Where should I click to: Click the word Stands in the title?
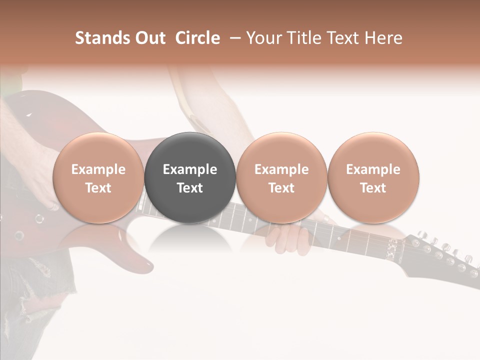point(99,38)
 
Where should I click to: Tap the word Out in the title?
point(149,38)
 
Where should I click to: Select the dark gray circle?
point(190,177)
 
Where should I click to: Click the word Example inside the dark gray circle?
point(190,169)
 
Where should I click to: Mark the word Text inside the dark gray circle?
point(190,188)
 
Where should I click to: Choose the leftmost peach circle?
point(98,177)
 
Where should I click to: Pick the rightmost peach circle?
point(373,177)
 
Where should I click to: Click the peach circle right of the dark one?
point(281,177)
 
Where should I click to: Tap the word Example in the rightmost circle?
point(373,169)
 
